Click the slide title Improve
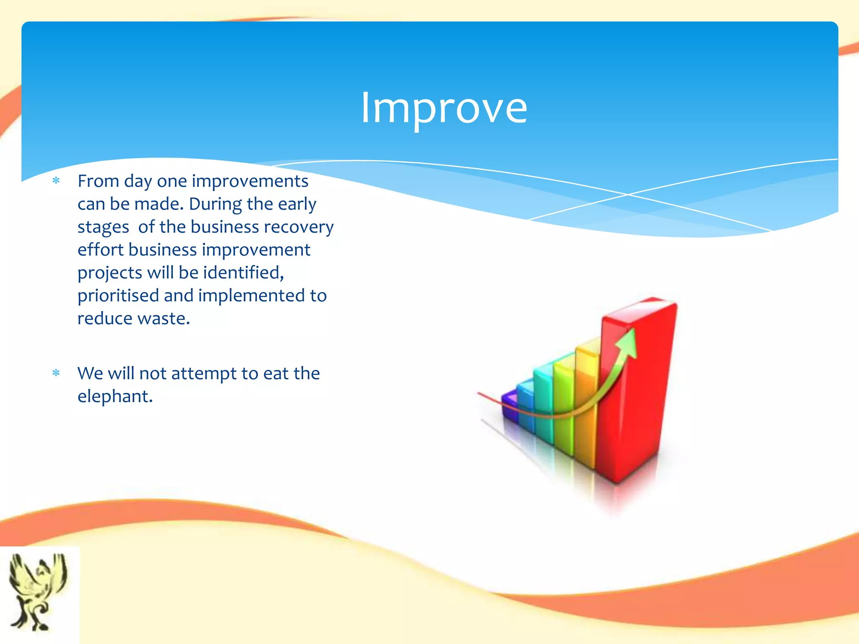pos(444,108)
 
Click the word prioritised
pos(118,296)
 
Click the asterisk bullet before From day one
pos(56,181)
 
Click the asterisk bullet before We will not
pos(56,373)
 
